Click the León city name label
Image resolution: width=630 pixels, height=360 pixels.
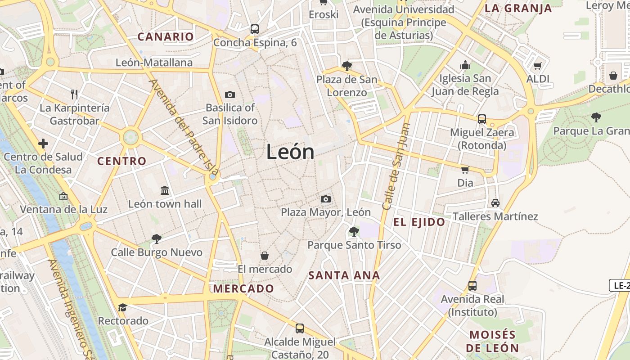coord(290,152)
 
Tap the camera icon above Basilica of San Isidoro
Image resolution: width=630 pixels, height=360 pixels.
coord(230,94)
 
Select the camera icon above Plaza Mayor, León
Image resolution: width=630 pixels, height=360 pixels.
coord(326,199)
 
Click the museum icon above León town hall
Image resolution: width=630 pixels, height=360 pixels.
coord(165,191)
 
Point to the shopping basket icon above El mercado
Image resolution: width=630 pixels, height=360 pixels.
coord(265,256)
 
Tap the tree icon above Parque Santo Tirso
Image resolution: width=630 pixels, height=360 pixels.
coord(354,232)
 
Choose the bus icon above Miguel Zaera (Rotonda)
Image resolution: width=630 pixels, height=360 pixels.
coord(482,119)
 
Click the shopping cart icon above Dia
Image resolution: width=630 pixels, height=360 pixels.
coord(465,170)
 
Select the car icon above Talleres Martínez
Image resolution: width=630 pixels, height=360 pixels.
coord(495,203)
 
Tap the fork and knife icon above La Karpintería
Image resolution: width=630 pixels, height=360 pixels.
coord(74,94)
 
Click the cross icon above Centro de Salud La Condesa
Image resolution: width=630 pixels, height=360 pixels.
coord(43,144)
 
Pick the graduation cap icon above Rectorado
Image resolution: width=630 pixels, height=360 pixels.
coord(122,308)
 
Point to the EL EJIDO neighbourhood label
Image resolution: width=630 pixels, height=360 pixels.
coord(419,222)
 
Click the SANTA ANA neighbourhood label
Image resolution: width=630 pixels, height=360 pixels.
coord(344,275)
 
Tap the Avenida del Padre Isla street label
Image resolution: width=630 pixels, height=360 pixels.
coord(184,128)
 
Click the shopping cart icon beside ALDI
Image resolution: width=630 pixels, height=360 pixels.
coord(537,67)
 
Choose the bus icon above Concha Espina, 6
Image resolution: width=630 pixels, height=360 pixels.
coord(255,29)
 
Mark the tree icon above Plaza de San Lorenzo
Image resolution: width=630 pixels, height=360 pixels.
coord(346,66)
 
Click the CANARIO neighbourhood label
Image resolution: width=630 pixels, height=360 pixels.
coord(166,37)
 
